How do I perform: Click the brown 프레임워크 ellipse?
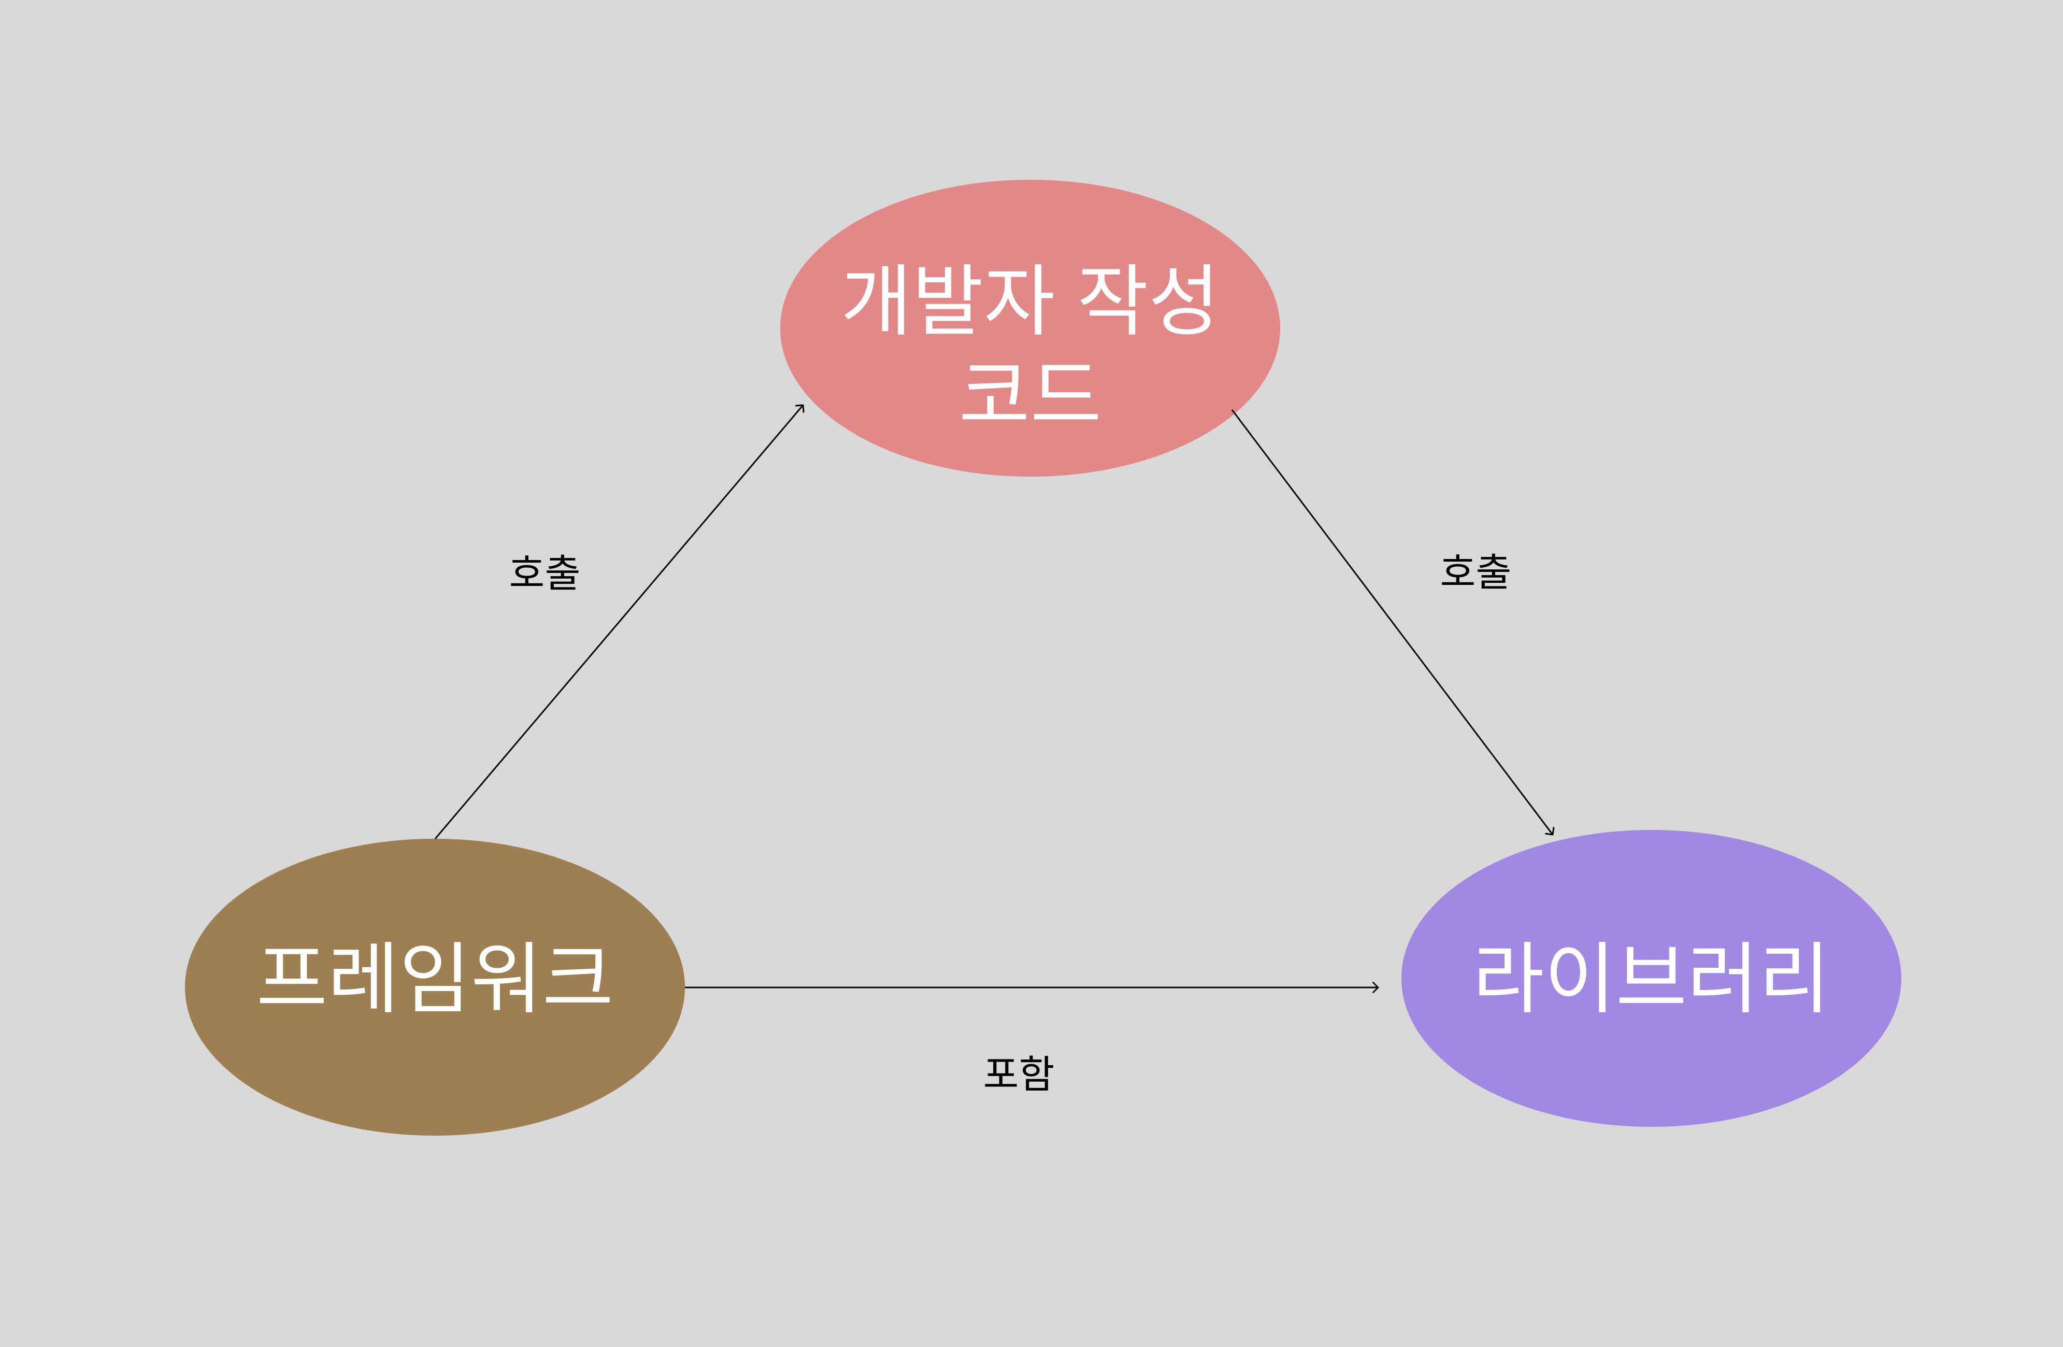[x=434, y=1066]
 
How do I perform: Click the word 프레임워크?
[x=435, y=977]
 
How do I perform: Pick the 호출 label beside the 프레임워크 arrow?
[x=545, y=572]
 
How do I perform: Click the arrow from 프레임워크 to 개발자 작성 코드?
[x=619, y=622]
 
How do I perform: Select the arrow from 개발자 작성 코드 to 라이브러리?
[x=1392, y=622]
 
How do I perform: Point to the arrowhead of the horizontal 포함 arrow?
[x=1376, y=987]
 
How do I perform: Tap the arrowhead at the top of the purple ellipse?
[x=1551, y=832]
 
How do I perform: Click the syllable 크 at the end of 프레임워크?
[x=577, y=977]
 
